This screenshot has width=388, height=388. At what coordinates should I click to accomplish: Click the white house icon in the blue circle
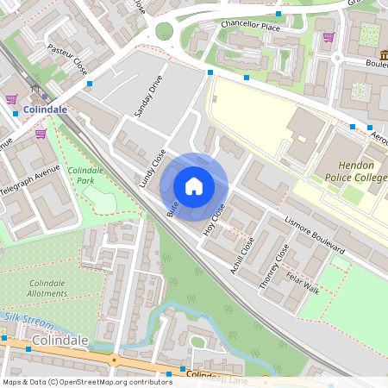pos(194,186)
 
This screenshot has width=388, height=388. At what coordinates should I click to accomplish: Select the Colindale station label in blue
pos(46,111)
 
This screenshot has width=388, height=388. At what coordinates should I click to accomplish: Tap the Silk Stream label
pos(23,317)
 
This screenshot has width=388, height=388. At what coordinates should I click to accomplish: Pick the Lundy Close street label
pos(152,168)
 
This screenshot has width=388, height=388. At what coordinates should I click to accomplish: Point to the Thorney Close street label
pos(274,266)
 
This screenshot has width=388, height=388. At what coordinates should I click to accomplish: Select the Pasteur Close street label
pos(67,59)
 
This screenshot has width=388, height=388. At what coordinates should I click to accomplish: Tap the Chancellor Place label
pos(250,25)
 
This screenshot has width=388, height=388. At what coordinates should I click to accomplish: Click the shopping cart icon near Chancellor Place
pos(329,37)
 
